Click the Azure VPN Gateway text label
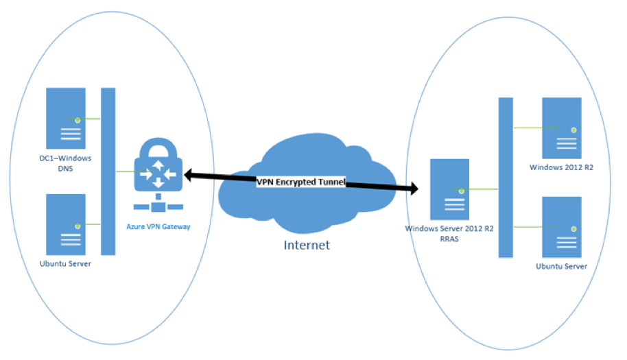(158, 226)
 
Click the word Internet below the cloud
(307, 245)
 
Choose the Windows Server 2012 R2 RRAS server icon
(449, 190)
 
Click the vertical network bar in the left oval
(108, 171)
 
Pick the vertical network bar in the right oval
(506, 177)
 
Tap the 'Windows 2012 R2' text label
(561, 167)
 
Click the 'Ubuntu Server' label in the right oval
(561, 266)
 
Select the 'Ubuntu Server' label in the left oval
(65, 263)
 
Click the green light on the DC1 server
(78, 120)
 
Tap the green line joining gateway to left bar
(127, 171)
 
